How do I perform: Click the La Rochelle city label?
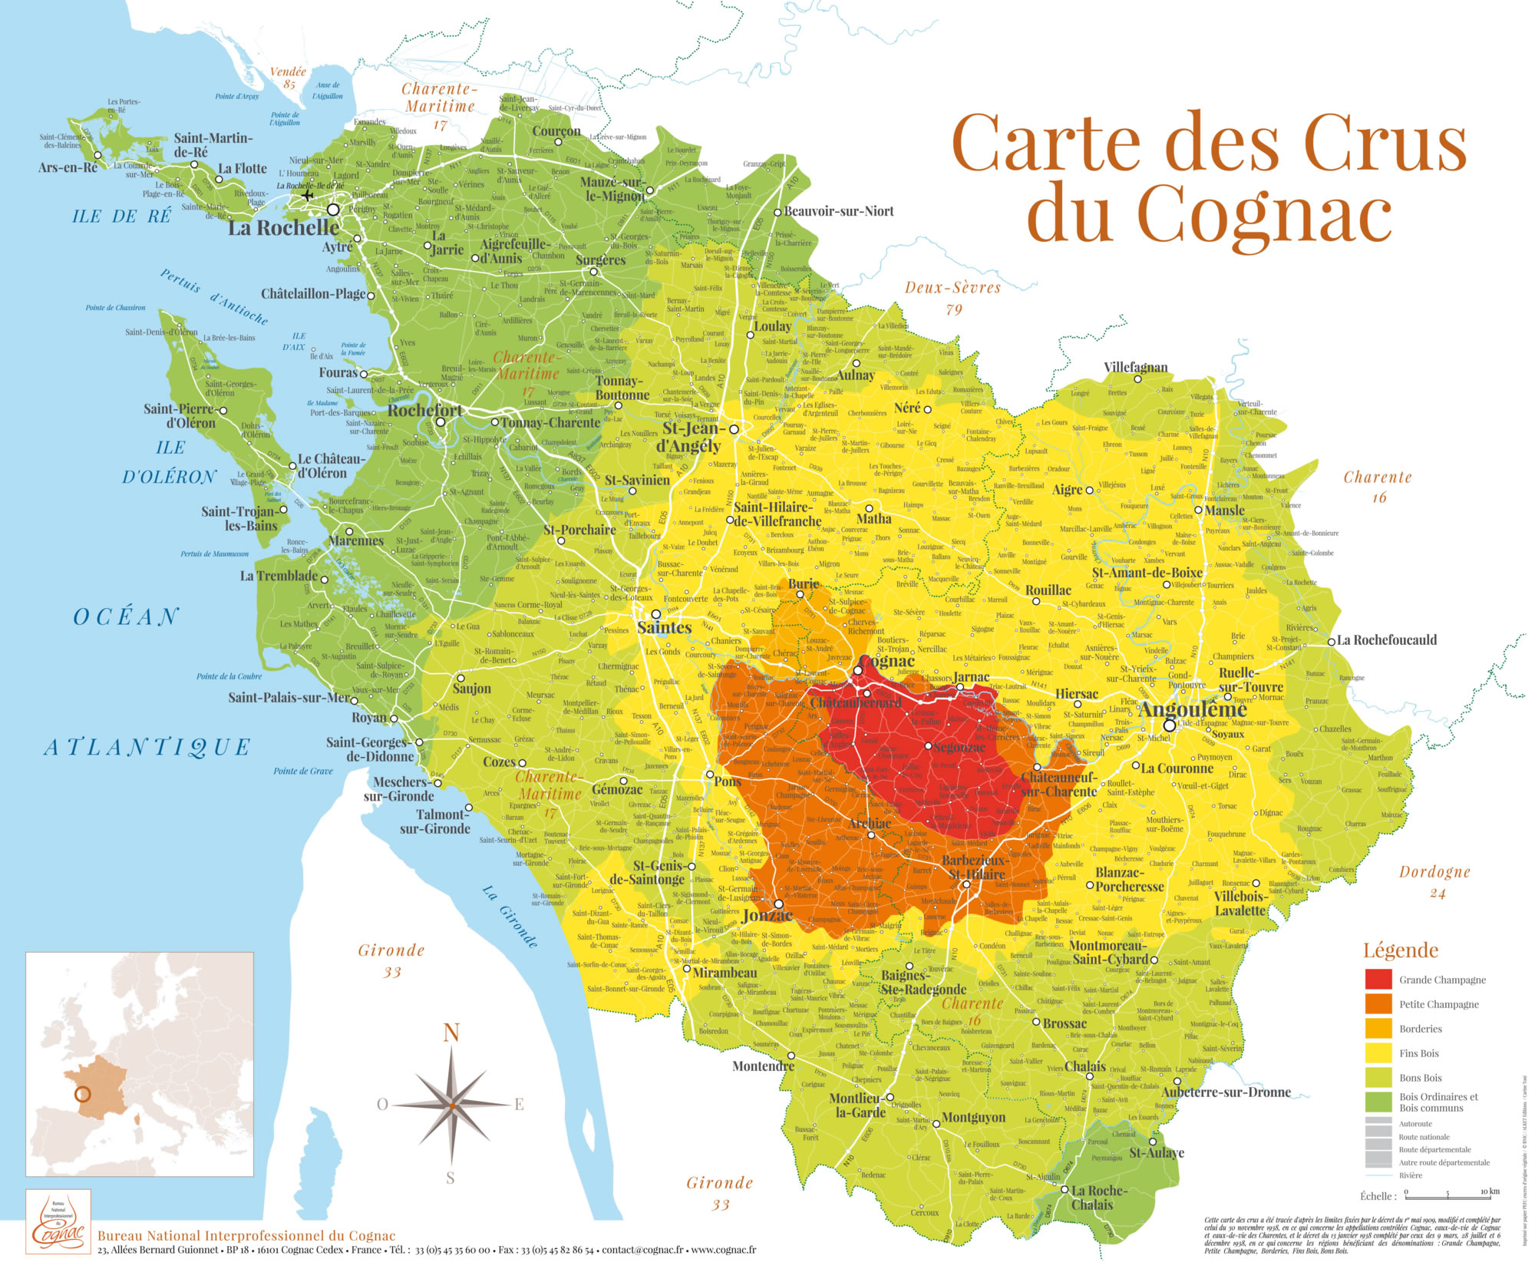[x=283, y=228]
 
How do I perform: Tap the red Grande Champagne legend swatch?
[x=1378, y=979]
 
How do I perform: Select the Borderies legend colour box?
[x=1378, y=1028]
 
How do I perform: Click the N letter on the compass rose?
[x=451, y=1033]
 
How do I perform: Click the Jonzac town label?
[x=767, y=915]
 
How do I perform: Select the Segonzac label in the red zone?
[x=959, y=747]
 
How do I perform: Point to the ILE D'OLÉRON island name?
[x=170, y=461]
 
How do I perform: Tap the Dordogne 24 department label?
[x=1434, y=881]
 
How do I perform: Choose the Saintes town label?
[x=664, y=627]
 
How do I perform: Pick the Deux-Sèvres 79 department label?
[x=952, y=297]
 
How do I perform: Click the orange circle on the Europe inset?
[x=83, y=1095]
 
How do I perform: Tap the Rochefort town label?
[x=424, y=411]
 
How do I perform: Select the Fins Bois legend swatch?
[x=1378, y=1053]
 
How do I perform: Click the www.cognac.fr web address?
[x=723, y=1250]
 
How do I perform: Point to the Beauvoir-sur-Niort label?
[x=838, y=211]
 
